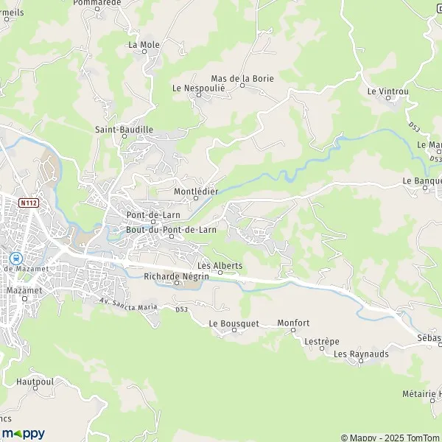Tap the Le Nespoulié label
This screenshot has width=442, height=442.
pyautogui.click(x=198, y=87)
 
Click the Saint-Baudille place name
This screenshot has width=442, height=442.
pyautogui.click(x=124, y=130)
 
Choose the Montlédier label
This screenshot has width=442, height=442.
pyautogui.click(x=195, y=192)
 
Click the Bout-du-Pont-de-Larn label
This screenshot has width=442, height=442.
pyautogui.click(x=171, y=230)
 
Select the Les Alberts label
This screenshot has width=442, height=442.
pyautogui.click(x=220, y=266)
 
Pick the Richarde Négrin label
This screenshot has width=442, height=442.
pyautogui.click(x=177, y=276)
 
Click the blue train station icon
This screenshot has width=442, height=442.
pyautogui.click(x=15, y=258)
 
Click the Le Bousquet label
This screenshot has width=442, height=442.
pyautogui.click(x=234, y=323)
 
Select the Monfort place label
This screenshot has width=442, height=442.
pyautogui.click(x=293, y=323)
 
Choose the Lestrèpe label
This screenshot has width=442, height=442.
pyautogui.click(x=321, y=342)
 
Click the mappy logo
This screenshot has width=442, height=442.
pyautogui.click(x=23, y=433)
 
